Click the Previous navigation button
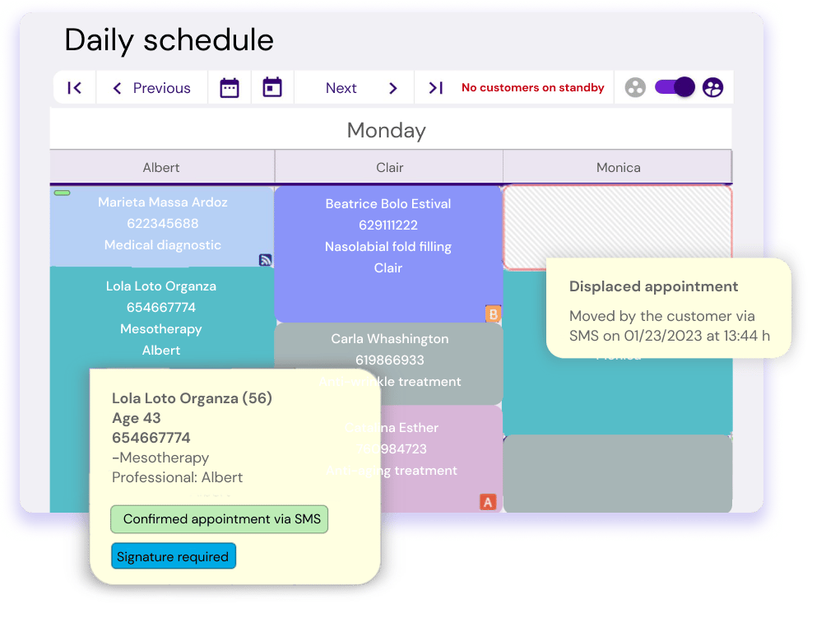[151, 88]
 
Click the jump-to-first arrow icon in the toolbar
[74, 88]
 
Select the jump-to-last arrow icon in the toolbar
[436, 88]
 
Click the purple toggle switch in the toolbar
[675, 87]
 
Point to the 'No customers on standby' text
[532, 88]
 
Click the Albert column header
[161, 167]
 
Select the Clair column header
[389, 167]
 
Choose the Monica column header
[618, 167]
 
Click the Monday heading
[386, 130]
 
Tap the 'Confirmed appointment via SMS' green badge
[219, 519]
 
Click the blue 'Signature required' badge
[173, 557]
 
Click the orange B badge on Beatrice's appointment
[493, 314]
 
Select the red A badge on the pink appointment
[488, 501]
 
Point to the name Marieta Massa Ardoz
[163, 202]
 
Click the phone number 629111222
[388, 225]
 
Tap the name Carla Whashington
[389, 338]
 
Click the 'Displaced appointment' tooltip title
[654, 286]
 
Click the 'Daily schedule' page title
[169, 39]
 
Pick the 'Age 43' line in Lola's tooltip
[137, 418]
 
